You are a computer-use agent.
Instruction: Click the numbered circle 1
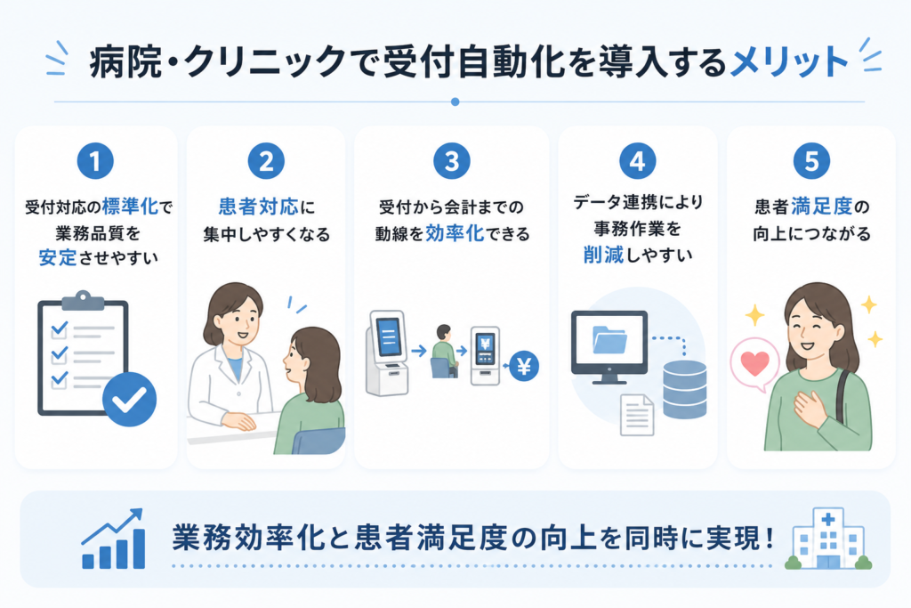point(95,161)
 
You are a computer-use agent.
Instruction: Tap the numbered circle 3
point(451,161)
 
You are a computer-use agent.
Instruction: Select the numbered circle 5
point(811,161)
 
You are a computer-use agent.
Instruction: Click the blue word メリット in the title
point(789,61)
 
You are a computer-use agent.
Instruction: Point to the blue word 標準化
point(130,207)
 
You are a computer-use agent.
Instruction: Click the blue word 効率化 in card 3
point(455,233)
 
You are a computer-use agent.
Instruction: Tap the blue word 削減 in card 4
point(603,255)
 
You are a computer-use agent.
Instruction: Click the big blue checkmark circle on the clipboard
point(130,400)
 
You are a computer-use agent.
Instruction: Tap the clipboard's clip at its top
point(83,300)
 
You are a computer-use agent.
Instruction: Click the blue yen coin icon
point(523,366)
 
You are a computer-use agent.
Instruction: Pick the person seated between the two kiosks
point(443,351)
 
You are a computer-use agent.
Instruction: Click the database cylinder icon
point(685,389)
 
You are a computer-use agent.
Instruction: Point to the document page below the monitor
point(637,415)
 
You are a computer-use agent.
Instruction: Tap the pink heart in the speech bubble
point(754,364)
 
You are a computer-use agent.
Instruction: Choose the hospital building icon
point(828,539)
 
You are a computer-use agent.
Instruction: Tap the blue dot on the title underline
point(455,101)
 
